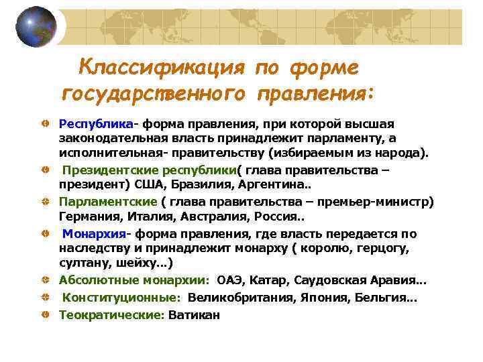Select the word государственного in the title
pyautogui.click(x=155, y=93)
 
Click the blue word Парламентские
pyautogui.click(x=107, y=202)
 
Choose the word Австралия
pyautogui.click(x=214, y=217)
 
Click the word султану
pyautogui.click(x=85, y=262)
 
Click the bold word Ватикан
pyautogui.click(x=194, y=314)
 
